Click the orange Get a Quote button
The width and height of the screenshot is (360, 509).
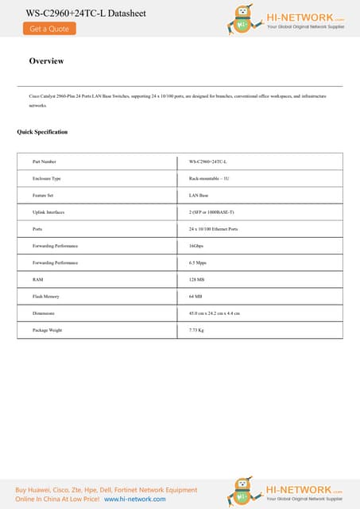[x=49, y=29]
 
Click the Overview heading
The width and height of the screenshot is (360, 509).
[x=46, y=61]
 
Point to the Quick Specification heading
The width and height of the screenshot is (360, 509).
[x=42, y=132]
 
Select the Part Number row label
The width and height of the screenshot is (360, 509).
[x=45, y=161]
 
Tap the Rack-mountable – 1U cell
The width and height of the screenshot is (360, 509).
[x=209, y=178]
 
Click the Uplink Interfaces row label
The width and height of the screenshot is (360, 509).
[x=48, y=212]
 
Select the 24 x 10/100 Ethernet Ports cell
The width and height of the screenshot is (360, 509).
[x=213, y=229]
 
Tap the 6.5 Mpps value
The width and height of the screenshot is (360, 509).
[x=199, y=262]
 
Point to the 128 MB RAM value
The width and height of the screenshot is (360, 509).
[x=197, y=279]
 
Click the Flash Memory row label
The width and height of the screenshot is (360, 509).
[x=46, y=296]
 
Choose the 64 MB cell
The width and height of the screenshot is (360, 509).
[x=195, y=296]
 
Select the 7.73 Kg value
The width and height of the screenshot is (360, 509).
[x=197, y=330]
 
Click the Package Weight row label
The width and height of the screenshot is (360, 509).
[x=47, y=330]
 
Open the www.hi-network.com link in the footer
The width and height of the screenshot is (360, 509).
[x=135, y=499]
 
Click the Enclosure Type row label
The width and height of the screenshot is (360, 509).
[x=46, y=178]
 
